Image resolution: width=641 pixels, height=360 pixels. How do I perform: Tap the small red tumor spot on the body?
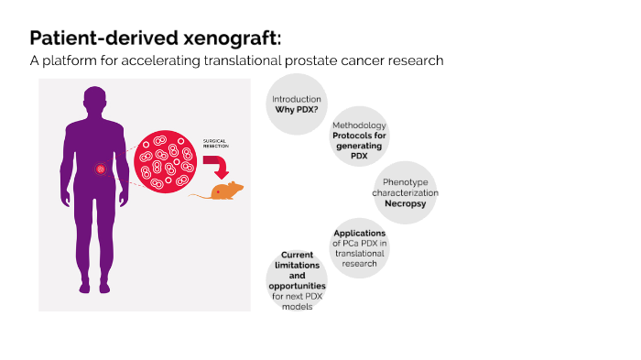[102, 169]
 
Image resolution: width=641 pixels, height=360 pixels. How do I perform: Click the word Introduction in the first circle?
[297, 98]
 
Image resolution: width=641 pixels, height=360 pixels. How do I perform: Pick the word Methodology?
[359, 125]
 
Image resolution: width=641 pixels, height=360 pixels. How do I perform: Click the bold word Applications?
[359, 233]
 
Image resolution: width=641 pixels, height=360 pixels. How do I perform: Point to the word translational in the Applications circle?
[359, 253]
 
